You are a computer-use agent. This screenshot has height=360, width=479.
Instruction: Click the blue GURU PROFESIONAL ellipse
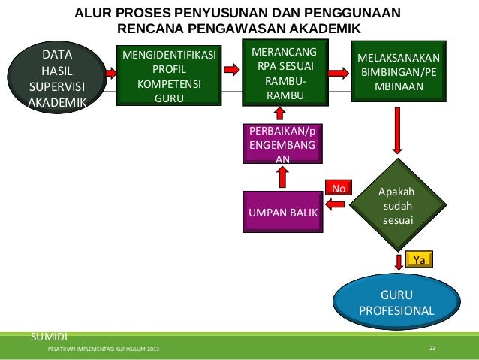click(397, 301)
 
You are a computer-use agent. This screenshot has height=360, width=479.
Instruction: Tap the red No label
click(339, 188)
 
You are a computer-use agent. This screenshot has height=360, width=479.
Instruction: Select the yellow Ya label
click(420, 259)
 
